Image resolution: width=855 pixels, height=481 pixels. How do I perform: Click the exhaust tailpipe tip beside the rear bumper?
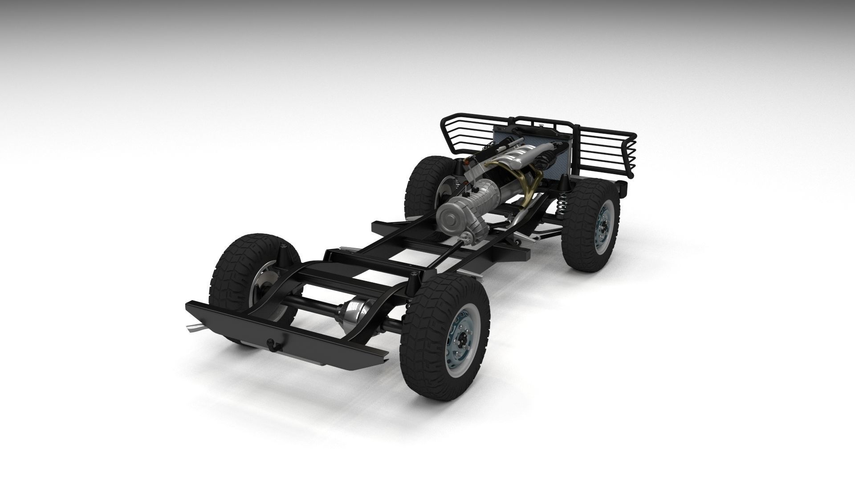point(195,329)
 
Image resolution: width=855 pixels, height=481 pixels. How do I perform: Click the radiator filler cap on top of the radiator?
point(540,128)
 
